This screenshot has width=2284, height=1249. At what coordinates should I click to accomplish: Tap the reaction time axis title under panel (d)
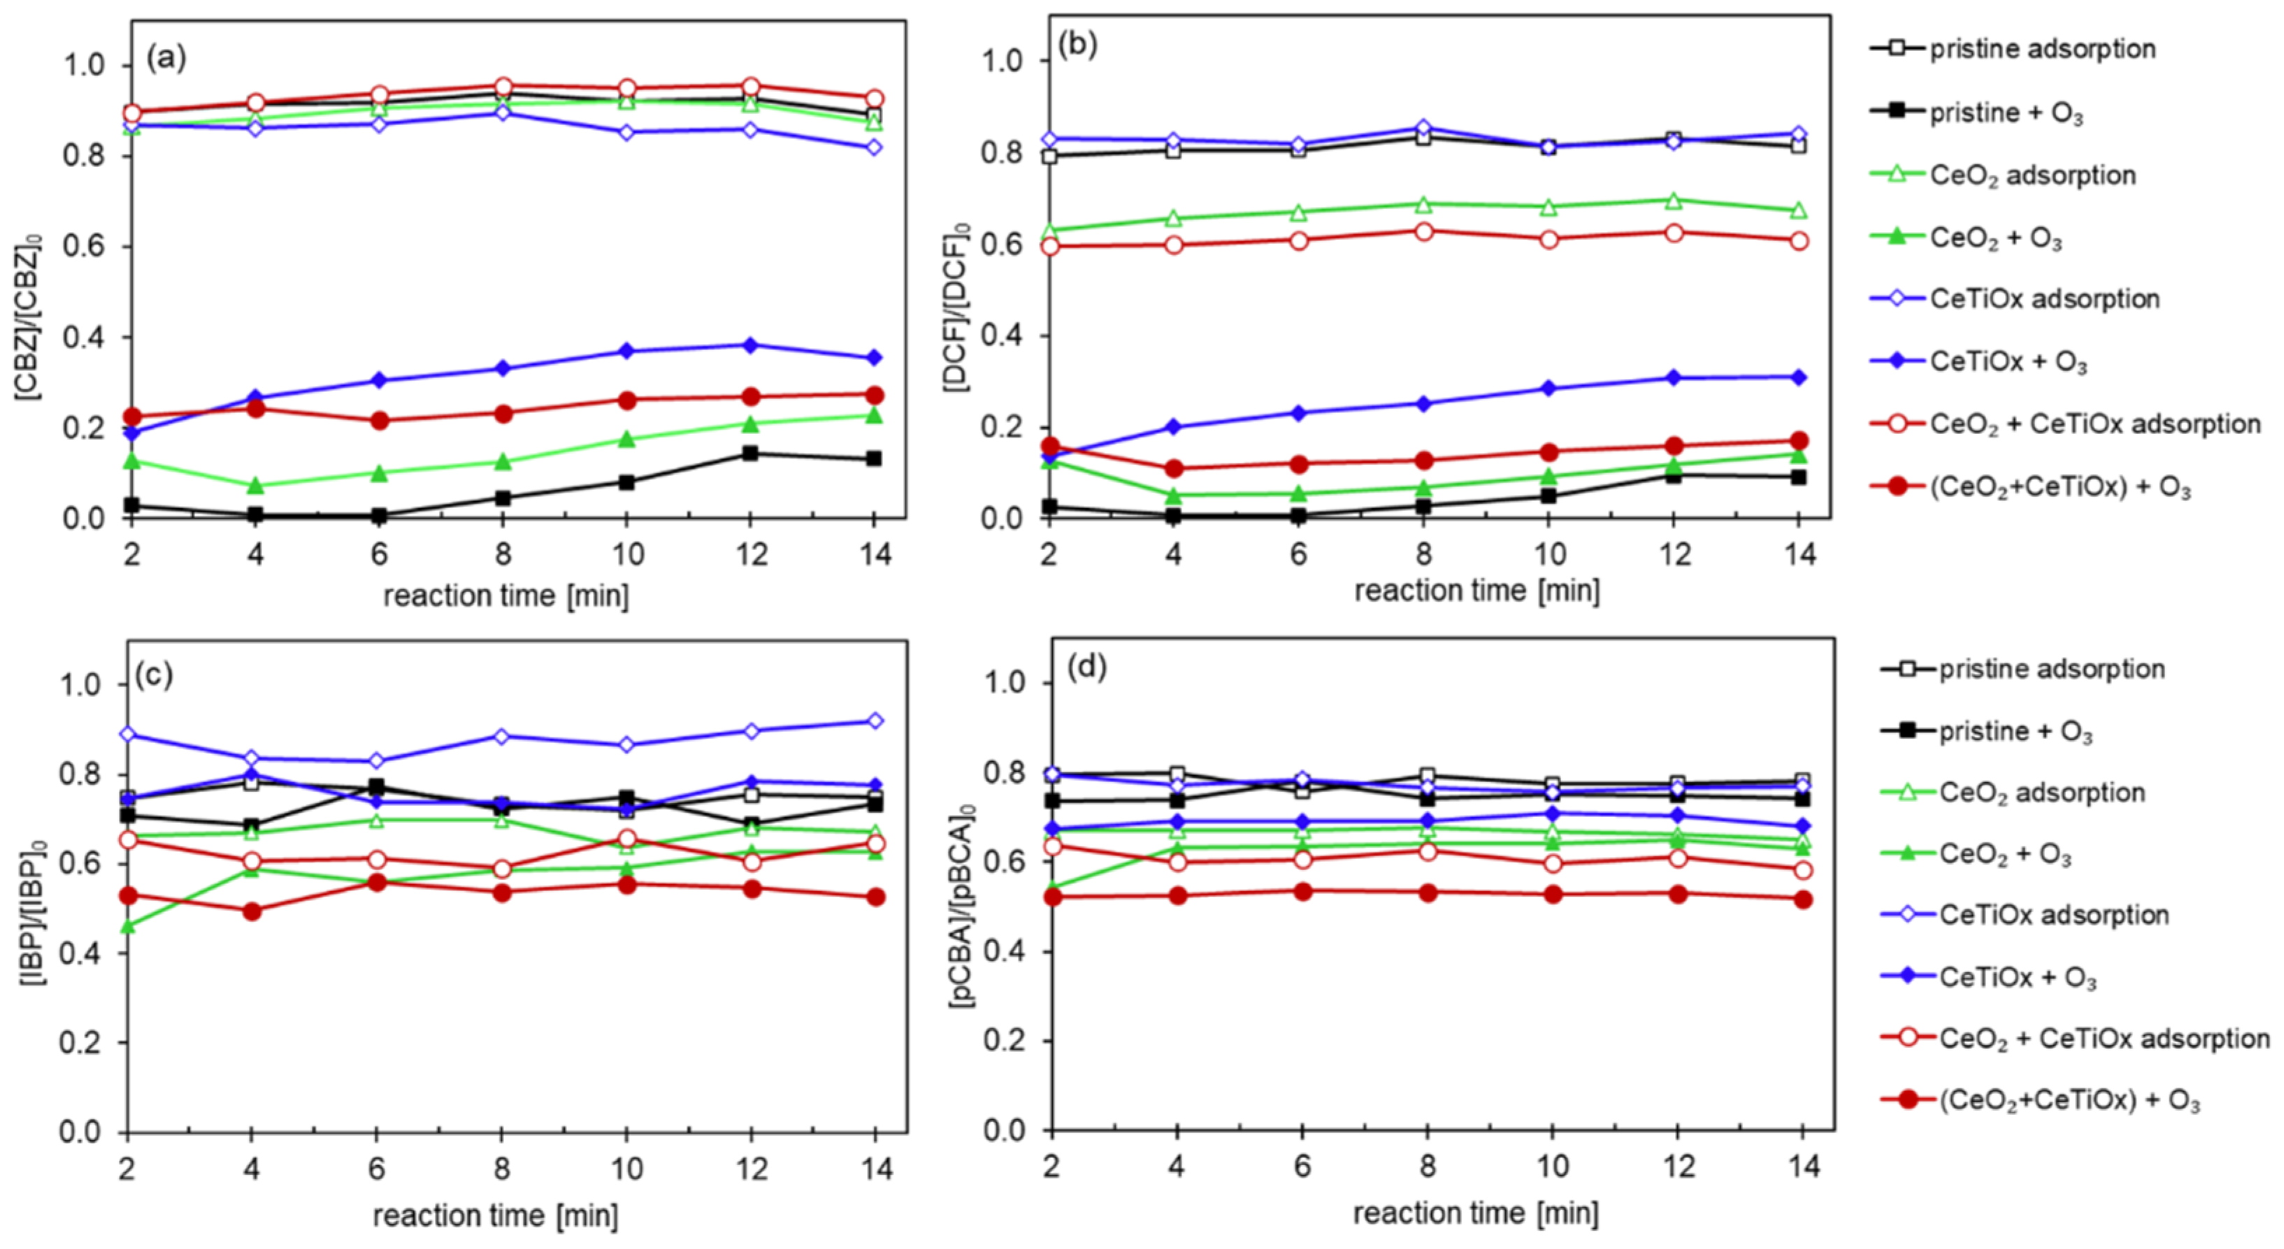click(1475, 1213)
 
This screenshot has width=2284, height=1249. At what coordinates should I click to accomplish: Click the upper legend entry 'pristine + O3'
click(2006, 113)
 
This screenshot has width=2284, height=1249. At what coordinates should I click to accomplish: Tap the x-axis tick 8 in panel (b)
click(1424, 554)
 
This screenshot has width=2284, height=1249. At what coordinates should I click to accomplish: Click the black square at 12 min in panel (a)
click(750, 453)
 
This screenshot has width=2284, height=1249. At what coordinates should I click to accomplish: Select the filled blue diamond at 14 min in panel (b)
click(1798, 377)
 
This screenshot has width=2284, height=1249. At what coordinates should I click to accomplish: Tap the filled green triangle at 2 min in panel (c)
click(129, 926)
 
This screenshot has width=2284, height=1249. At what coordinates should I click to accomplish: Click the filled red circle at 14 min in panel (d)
click(1802, 899)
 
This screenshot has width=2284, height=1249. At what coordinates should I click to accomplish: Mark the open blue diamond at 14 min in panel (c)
click(875, 721)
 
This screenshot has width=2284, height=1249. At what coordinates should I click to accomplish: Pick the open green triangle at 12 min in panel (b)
click(1674, 201)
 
